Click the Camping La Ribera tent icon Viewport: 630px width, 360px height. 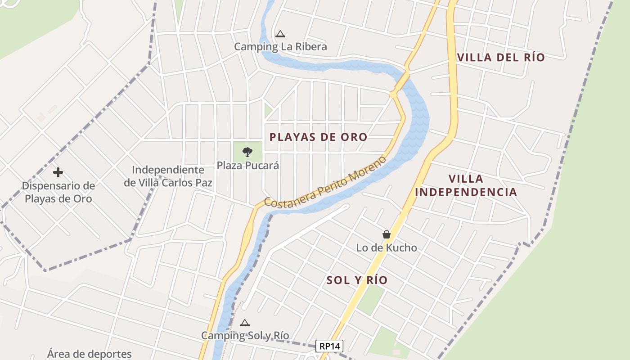pyautogui.click(x=280, y=34)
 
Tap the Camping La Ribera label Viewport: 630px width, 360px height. pyautogui.click(x=280, y=46)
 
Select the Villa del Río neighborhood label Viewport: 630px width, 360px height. pyautogui.click(x=501, y=57)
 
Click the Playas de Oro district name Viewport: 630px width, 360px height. pyautogui.click(x=318, y=137)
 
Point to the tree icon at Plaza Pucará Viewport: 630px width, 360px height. pyautogui.click(x=247, y=152)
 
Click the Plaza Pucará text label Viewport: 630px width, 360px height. pyautogui.click(x=248, y=166)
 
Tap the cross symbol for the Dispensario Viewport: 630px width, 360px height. pyautogui.click(x=58, y=172)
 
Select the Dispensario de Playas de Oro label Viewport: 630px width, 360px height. pyautogui.click(x=58, y=192)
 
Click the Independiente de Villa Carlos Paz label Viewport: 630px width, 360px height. pyautogui.click(x=168, y=176)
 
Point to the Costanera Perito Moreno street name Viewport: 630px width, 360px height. pyautogui.click(x=325, y=182)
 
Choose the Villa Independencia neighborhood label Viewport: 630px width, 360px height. pyautogui.click(x=466, y=185)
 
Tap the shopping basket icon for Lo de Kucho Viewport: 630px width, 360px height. pyautogui.click(x=386, y=234)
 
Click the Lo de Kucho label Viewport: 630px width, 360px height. pyautogui.click(x=387, y=247)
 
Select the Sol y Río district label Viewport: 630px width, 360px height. pyautogui.click(x=357, y=280)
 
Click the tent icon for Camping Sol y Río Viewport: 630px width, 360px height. pyautogui.click(x=245, y=323)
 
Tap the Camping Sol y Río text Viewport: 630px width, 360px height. pyautogui.click(x=245, y=335)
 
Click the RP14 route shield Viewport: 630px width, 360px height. pyautogui.click(x=329, y=346)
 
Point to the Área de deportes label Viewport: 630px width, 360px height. pyautogui.click(x=90, y=354)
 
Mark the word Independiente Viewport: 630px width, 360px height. pyautogui.click(x=168, y=170)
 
